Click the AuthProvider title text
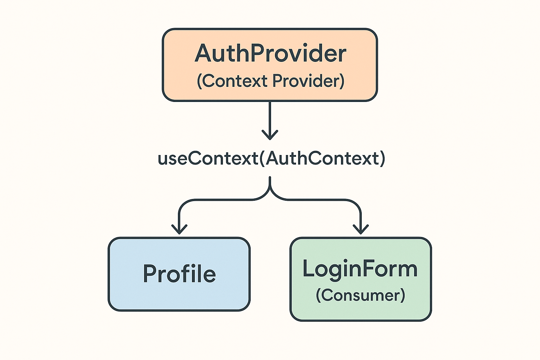tap(270, 53)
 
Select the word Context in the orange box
tap(235, 81)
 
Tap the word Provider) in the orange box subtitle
tap(308, 81)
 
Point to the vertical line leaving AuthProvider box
tap(270, 116)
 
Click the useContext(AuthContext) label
tap(271, 158)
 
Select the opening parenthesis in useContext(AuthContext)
tap(262, 159)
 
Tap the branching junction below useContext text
tap(270, 192)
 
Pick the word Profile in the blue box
tap(179, 274)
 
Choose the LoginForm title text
tap(360, 269)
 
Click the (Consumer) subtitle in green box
tap(360, 295)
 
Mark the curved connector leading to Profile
tap(211, 200)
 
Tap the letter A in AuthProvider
tap(205, 53)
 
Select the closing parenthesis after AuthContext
tap(382, 159)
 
